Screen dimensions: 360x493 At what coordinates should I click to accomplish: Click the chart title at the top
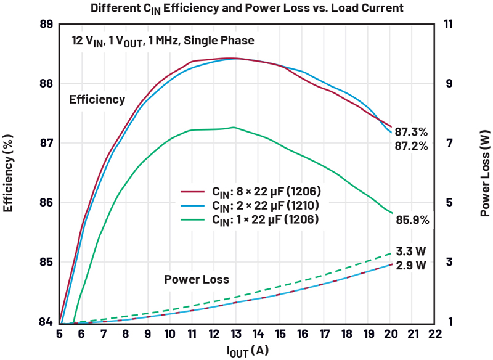[x=246, y=8]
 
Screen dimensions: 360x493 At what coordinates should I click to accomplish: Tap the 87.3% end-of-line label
[x=411, y=132]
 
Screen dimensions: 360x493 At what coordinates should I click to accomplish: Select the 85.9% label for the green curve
[x=411, y=219]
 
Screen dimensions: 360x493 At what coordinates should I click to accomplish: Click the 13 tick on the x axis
[x=236, y=334]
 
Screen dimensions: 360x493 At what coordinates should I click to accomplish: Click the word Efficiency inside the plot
[x=97, y=99]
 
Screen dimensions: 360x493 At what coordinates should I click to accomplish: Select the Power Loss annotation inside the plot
[x=197, y=279]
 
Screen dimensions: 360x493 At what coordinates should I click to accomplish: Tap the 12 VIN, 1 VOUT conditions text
[x=162, y=41]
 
